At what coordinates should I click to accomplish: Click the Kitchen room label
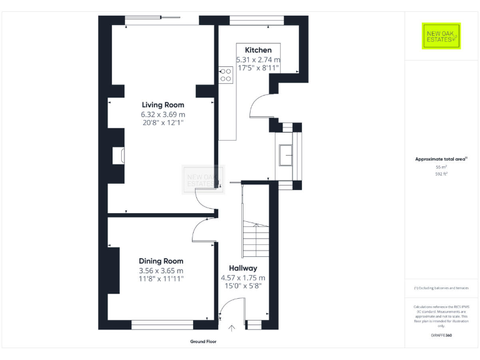(x=257, y=50)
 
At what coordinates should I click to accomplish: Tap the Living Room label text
(x=162, y=105)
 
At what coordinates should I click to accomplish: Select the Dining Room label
(x=161, y=261)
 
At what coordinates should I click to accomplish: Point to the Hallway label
(x=242, y=268)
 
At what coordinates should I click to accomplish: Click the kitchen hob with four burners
(x=226, y=75)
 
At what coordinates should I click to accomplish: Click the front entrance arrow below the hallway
(x=232, y=327)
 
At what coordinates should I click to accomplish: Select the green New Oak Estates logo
(x=441, y=36)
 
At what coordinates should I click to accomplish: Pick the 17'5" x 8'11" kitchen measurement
(x=257, y=67)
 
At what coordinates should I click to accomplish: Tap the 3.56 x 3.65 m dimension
(x=161, y=271)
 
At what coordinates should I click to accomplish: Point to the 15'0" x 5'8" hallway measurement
(x=242, y=286)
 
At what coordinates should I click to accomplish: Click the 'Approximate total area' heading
(x=441, y=159)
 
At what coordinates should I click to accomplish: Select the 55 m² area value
(x=441, y=167)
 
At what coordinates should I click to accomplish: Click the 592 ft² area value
(x=441, y=174)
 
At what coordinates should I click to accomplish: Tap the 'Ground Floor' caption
(x=203, y=342)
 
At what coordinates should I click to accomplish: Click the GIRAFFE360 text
(x=441, y=336)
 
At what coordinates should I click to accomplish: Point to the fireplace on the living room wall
(x=117, y=156)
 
